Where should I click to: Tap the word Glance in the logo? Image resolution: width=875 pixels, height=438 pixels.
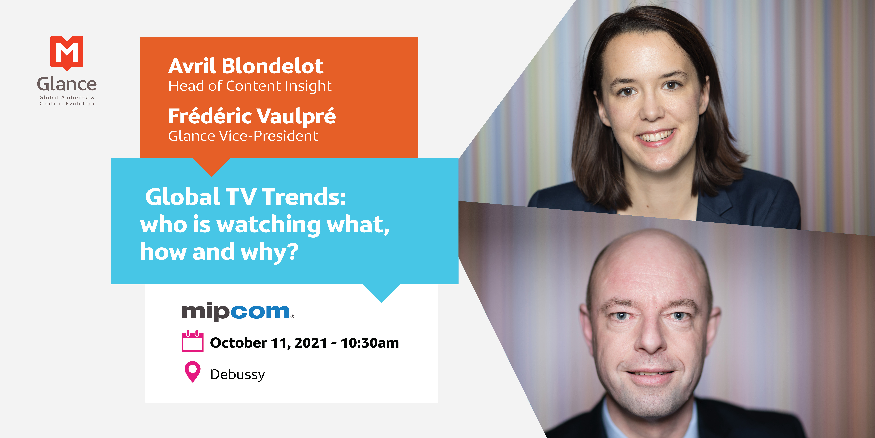click(x=67, y=84)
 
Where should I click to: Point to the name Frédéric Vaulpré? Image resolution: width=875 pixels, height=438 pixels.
click(x=252, y=116)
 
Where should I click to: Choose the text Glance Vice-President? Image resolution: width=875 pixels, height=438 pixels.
click(x=243, y=136)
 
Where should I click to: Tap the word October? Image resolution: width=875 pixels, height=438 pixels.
click(x=238, y=343)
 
